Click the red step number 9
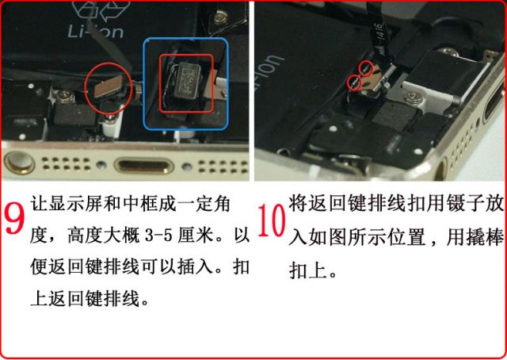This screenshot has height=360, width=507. [x=15, y=217]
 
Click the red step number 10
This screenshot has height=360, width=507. [x=272, y=220]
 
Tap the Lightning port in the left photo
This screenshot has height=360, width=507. [x=144, y=166]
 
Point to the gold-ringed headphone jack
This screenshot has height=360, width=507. [x=19, y=162]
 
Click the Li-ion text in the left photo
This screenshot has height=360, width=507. [x=96, y=32]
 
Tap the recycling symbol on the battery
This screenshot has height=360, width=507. [x=101, y=10]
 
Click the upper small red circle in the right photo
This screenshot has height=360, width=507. [x=366, y=69]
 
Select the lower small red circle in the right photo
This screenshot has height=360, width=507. [x=354, y=83]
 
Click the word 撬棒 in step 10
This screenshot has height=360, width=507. [x=484, y=237]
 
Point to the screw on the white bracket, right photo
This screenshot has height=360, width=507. [x=412, y=96]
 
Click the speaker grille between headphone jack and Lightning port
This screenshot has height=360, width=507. [x=67, y=163]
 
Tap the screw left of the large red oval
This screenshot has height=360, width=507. [x=64, y=96]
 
